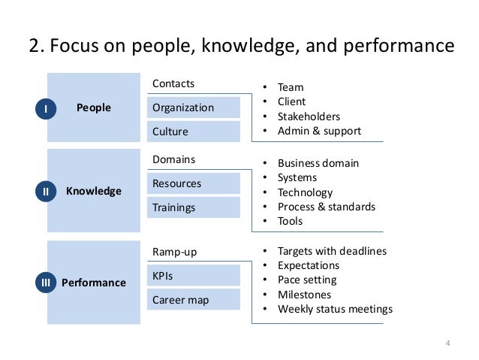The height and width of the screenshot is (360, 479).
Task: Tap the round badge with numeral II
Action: coord(46,192)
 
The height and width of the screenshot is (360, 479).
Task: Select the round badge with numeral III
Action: coord(46,283)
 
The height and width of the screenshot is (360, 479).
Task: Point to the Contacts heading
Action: coord(173,83)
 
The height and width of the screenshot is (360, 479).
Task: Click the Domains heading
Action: coord(173,159)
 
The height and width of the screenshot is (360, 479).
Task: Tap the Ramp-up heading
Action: coord(174,252)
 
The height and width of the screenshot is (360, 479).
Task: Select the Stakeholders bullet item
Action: coord(309,116)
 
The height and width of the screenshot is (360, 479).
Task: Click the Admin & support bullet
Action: coord(319,131)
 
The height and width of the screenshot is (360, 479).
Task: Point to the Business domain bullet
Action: coord(318,163)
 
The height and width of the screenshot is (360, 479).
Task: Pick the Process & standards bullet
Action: coord(326,207)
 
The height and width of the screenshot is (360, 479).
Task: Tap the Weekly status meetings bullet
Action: coord(335,309)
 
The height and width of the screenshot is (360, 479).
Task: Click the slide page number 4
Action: coord(447,344)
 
